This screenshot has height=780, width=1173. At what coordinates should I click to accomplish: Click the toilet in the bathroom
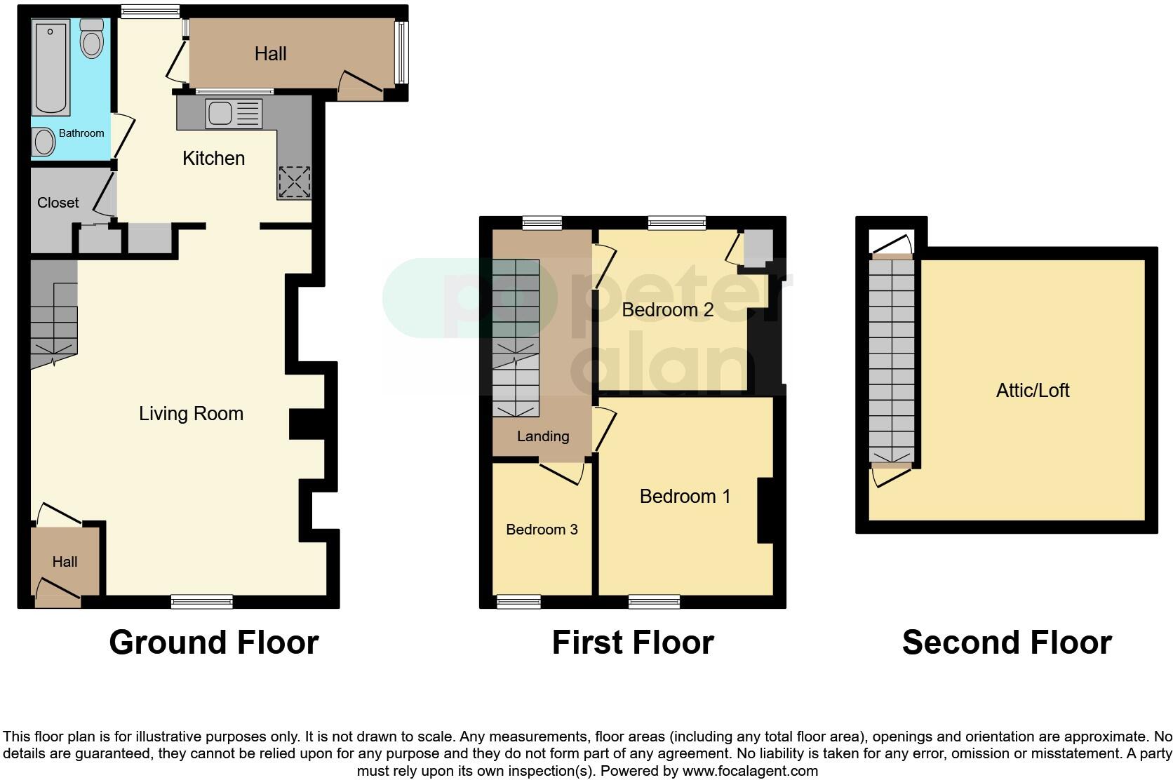(92, 39)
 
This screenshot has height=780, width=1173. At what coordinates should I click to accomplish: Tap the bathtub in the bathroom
(51, 68)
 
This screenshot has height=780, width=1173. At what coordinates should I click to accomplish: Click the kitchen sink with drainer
(234, 114)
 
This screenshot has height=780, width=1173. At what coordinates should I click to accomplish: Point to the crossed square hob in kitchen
(294, 182)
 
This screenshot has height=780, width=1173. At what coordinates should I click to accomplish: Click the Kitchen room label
(213, 159)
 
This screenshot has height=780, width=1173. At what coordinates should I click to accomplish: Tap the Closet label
(58, 203)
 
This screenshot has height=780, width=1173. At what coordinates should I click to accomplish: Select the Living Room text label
(191, 414)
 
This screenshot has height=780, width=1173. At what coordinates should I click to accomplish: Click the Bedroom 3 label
(542, 530)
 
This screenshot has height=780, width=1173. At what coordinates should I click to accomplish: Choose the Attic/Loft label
(1033, 391)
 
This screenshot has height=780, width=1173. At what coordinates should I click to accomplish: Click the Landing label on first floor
(542, 436)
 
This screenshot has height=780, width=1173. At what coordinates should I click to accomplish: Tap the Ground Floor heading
(214, 643)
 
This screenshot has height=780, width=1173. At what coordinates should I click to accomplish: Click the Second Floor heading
(1006, 643)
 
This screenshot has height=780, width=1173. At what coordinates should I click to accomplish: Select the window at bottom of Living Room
(202, 601)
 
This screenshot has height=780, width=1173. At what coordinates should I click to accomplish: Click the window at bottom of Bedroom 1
(654, 601)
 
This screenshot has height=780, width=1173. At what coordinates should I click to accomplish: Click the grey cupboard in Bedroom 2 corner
(758, 247)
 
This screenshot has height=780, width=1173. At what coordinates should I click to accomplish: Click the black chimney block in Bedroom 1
(765, 510)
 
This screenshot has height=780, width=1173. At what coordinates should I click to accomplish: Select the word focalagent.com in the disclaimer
(751, 771)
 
